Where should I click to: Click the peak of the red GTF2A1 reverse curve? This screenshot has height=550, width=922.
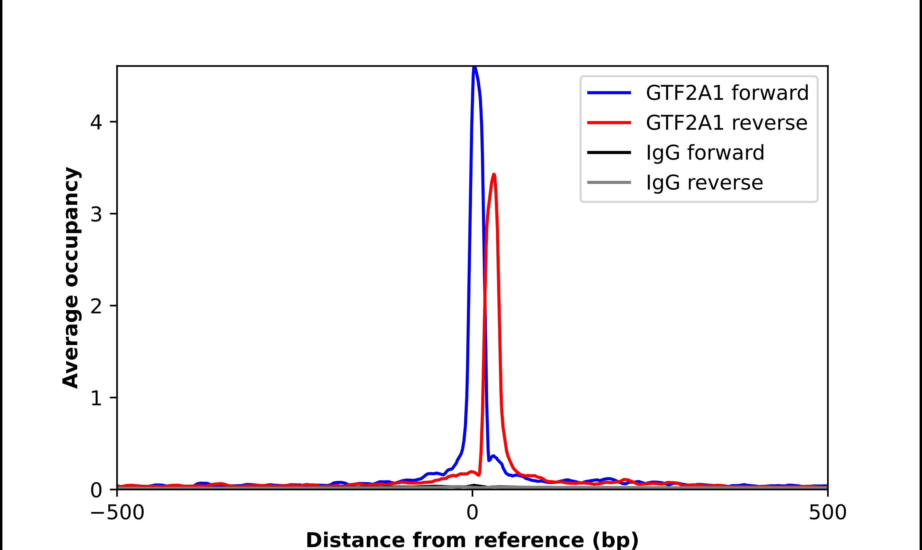click(494, 174)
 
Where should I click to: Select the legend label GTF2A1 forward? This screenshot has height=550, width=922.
click(727, 93)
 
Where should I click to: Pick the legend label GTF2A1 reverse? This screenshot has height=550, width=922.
click(726, 123)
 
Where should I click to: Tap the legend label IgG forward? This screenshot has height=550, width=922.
click(705, 153)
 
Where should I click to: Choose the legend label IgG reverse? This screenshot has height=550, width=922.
click(704, 183)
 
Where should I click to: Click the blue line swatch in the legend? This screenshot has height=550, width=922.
click(609, 93)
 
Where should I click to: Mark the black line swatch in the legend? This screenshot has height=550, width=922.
click(609, 152)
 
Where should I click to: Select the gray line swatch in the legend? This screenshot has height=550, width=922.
click(609, 182)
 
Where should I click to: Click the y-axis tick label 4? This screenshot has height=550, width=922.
click(96, 122)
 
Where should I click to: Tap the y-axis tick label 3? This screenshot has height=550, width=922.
click(96, 214)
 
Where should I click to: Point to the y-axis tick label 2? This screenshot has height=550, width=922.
click(96, 306)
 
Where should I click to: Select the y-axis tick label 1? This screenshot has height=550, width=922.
click(96, 398)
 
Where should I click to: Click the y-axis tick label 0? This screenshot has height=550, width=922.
click(96, 490)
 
